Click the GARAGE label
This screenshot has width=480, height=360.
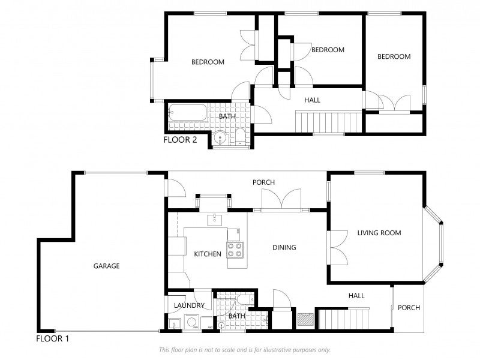coord(106,266)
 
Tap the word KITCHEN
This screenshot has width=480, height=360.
coord(208,254)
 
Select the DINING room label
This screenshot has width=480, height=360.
coord(284,247)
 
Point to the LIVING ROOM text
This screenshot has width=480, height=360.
coord(379,233)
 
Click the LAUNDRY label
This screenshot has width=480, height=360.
coord(189,305)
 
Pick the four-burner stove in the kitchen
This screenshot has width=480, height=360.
coord(235,250)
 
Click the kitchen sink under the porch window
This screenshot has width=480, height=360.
coord(214,220)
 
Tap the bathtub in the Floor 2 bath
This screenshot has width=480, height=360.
coord(187,112)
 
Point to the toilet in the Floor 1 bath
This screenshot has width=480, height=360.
coord(243,299)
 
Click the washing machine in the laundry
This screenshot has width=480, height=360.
coord(193,323)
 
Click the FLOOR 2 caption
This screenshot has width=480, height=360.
coord(180,140)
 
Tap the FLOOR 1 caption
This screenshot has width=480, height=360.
coord(53,338)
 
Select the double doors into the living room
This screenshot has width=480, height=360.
coord(338,247)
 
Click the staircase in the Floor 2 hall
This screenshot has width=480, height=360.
coord(328,122)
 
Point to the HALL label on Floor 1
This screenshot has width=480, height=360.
coord(356,295)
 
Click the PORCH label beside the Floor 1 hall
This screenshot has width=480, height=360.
coord(409,308)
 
